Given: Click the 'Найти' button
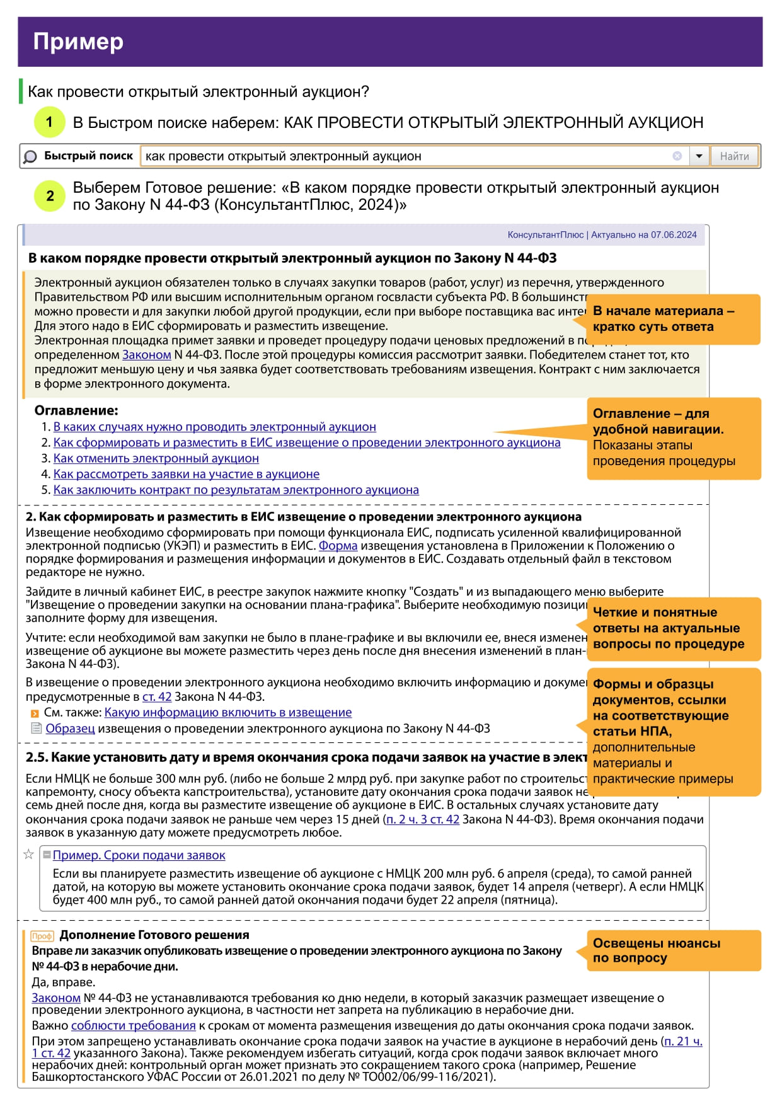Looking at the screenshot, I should [734, 156].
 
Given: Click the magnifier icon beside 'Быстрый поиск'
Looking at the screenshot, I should [30, 156].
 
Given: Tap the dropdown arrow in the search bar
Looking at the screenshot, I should [699, 156].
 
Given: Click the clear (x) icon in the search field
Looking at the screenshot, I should [677, 156].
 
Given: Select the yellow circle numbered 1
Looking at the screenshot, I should [49, 122].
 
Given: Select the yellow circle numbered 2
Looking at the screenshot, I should [49, 196].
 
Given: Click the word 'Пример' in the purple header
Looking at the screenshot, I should [78, 42].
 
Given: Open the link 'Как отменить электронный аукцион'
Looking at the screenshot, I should [156, 458].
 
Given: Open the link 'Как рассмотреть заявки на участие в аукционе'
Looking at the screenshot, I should [186, 474].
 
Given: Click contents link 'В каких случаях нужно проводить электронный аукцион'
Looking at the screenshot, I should [214, 427].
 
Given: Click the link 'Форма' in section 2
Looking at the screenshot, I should [338, 546].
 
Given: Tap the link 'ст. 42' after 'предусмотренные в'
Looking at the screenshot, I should [157, 696].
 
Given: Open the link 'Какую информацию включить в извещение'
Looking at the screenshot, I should [227, 712].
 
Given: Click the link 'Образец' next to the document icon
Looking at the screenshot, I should [70, 729].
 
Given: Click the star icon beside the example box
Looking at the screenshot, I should [28, 855].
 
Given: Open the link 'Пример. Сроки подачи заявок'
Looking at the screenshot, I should [139, 855].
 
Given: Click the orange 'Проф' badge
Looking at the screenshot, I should [42, 936].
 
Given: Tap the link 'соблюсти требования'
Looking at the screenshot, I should [133, 1025].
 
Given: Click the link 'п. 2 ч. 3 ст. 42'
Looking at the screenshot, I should [422, 819].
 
